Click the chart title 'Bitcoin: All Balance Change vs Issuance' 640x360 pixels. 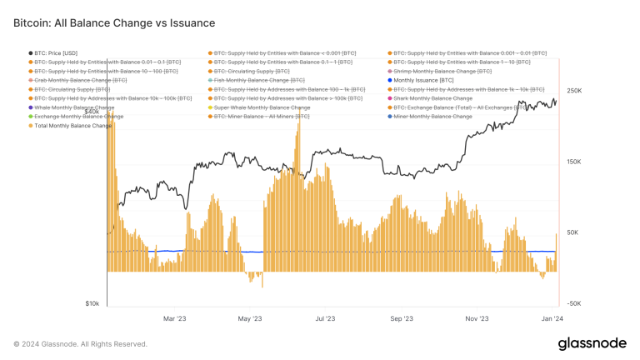(114, 23)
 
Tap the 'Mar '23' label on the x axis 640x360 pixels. (174, 317)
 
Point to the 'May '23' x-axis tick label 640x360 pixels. (250, 317)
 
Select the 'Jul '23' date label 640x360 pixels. (325, 317)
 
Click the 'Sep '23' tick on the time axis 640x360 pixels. (402, 317)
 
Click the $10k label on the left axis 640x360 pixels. (92, 304)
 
